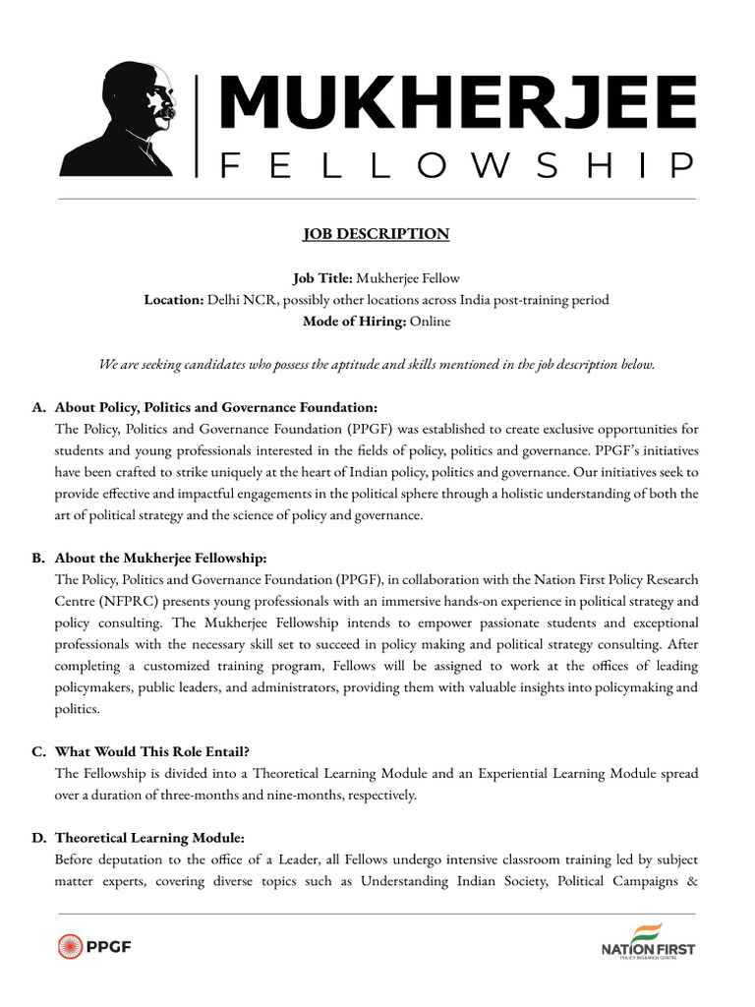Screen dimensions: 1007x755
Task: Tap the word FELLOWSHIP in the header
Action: pyautogui.click(x=457, y=166)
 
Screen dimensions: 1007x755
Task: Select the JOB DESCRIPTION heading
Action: pyautogui.click(x=376, y=234)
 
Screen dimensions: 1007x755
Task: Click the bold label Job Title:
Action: pyautogui.click(x=322, y=279)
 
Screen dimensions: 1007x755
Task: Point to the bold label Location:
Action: pyautogui.click(x=173, y=300)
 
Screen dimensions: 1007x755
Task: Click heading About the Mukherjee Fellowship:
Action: pyautogui.click(x=161, y=559)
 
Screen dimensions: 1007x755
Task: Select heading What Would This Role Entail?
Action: pyautogui.click(x=155, y=751)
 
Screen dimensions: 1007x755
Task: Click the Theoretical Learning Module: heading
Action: pyautogui.click(x=149, y=838)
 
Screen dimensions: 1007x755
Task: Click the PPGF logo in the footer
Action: pyautogui.click(x=95, y=947)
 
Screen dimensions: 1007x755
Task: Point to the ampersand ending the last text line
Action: pyautogui.click(x=692, y=881)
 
